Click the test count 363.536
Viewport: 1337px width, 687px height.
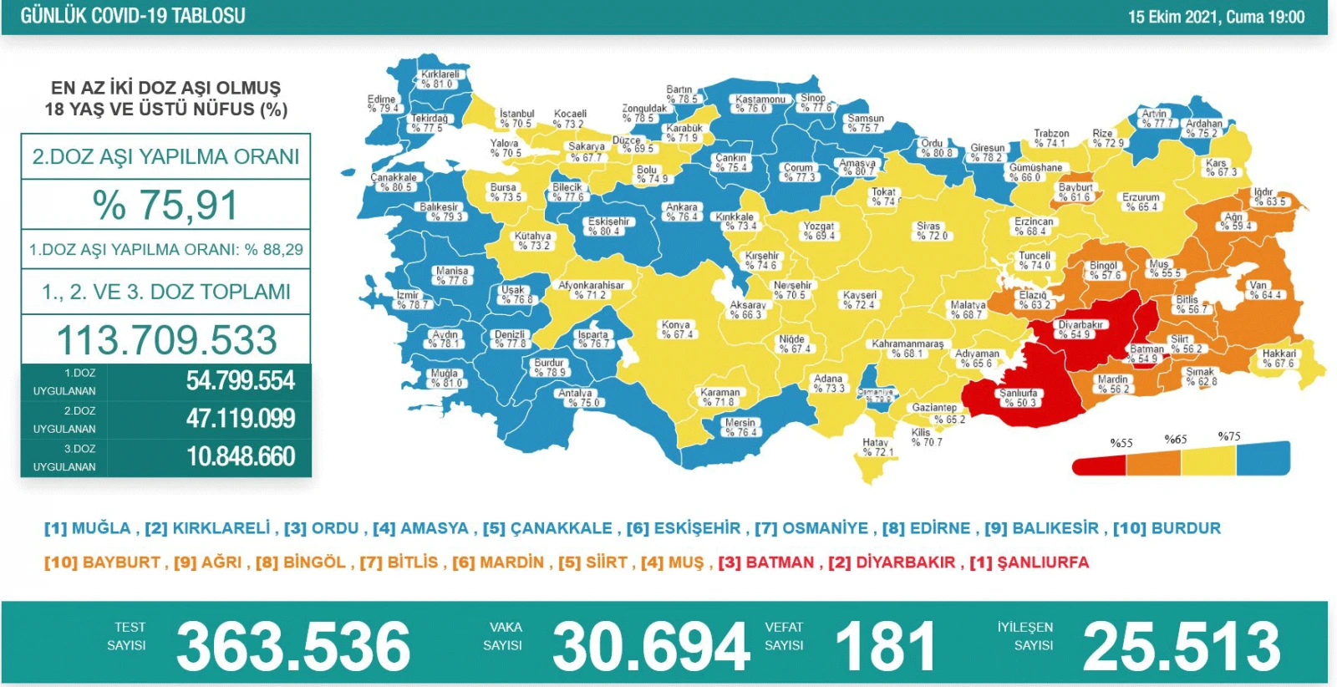pos(293,646)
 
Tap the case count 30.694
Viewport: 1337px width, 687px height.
pos(651,646)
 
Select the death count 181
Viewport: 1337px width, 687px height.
pos(885,646)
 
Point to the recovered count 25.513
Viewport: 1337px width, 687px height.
pos(1181,646)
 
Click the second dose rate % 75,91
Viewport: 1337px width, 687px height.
pos(165,206)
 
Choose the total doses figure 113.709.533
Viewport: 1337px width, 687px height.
pos(165,340)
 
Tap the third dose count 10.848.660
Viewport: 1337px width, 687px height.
pos(241,457)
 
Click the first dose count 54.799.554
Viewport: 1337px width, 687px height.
pos(241,381)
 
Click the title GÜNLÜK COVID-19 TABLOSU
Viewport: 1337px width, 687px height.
pos(133,16)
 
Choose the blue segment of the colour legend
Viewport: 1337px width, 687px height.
pos(1263,458)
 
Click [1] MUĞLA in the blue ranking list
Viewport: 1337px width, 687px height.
pos(88,528)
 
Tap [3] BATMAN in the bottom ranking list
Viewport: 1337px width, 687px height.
pos(766,562)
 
